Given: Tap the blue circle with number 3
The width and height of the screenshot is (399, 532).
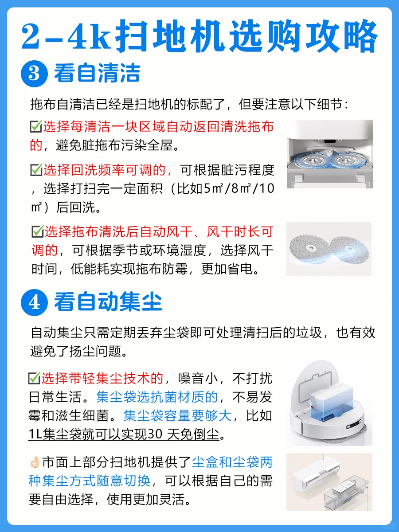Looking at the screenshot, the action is pos(34,74).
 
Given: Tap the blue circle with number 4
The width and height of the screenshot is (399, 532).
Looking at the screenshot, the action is pos(34,302).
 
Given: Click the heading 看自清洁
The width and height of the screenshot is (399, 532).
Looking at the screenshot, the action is pos(97,73).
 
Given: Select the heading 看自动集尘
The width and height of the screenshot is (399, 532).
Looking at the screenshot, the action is pos(108,301).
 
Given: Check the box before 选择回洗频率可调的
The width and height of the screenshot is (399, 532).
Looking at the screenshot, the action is pos(36,170).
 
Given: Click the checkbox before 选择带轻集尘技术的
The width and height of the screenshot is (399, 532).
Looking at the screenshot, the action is pos(34,378).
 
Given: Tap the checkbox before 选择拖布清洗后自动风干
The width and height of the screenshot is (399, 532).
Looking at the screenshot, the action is pos(38,231).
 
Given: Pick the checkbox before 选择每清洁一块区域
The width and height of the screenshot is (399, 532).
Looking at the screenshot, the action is pos(36,126).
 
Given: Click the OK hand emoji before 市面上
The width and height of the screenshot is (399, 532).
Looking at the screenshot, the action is pos(35,462).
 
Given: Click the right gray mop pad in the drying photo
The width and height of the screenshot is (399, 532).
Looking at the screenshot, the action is pos(350,250).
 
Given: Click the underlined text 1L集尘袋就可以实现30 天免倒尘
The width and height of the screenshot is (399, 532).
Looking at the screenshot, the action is pos(124,434).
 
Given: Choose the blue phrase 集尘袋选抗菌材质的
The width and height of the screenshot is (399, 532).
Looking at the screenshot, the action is pos(157,397).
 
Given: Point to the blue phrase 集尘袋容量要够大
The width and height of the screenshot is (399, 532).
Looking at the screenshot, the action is pos(178,415).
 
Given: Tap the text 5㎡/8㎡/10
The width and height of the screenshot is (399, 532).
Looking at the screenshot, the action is pos(239,188).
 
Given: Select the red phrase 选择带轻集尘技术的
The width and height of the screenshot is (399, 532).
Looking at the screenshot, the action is pos(102,378).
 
